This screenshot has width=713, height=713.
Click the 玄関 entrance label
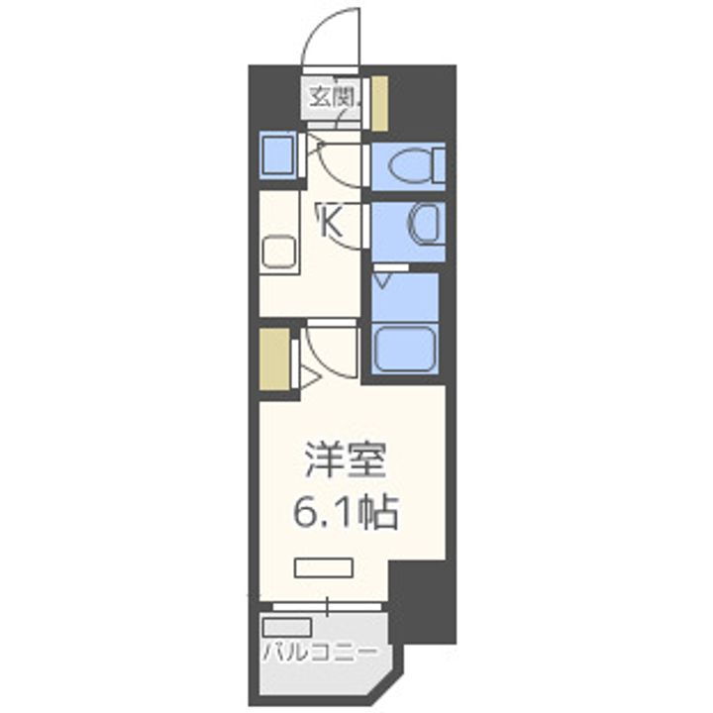[334, 97]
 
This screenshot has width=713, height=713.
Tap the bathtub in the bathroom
[405, 348]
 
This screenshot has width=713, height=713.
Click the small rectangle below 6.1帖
[324, 568]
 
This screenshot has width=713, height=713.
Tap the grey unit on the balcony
[287, 627]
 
